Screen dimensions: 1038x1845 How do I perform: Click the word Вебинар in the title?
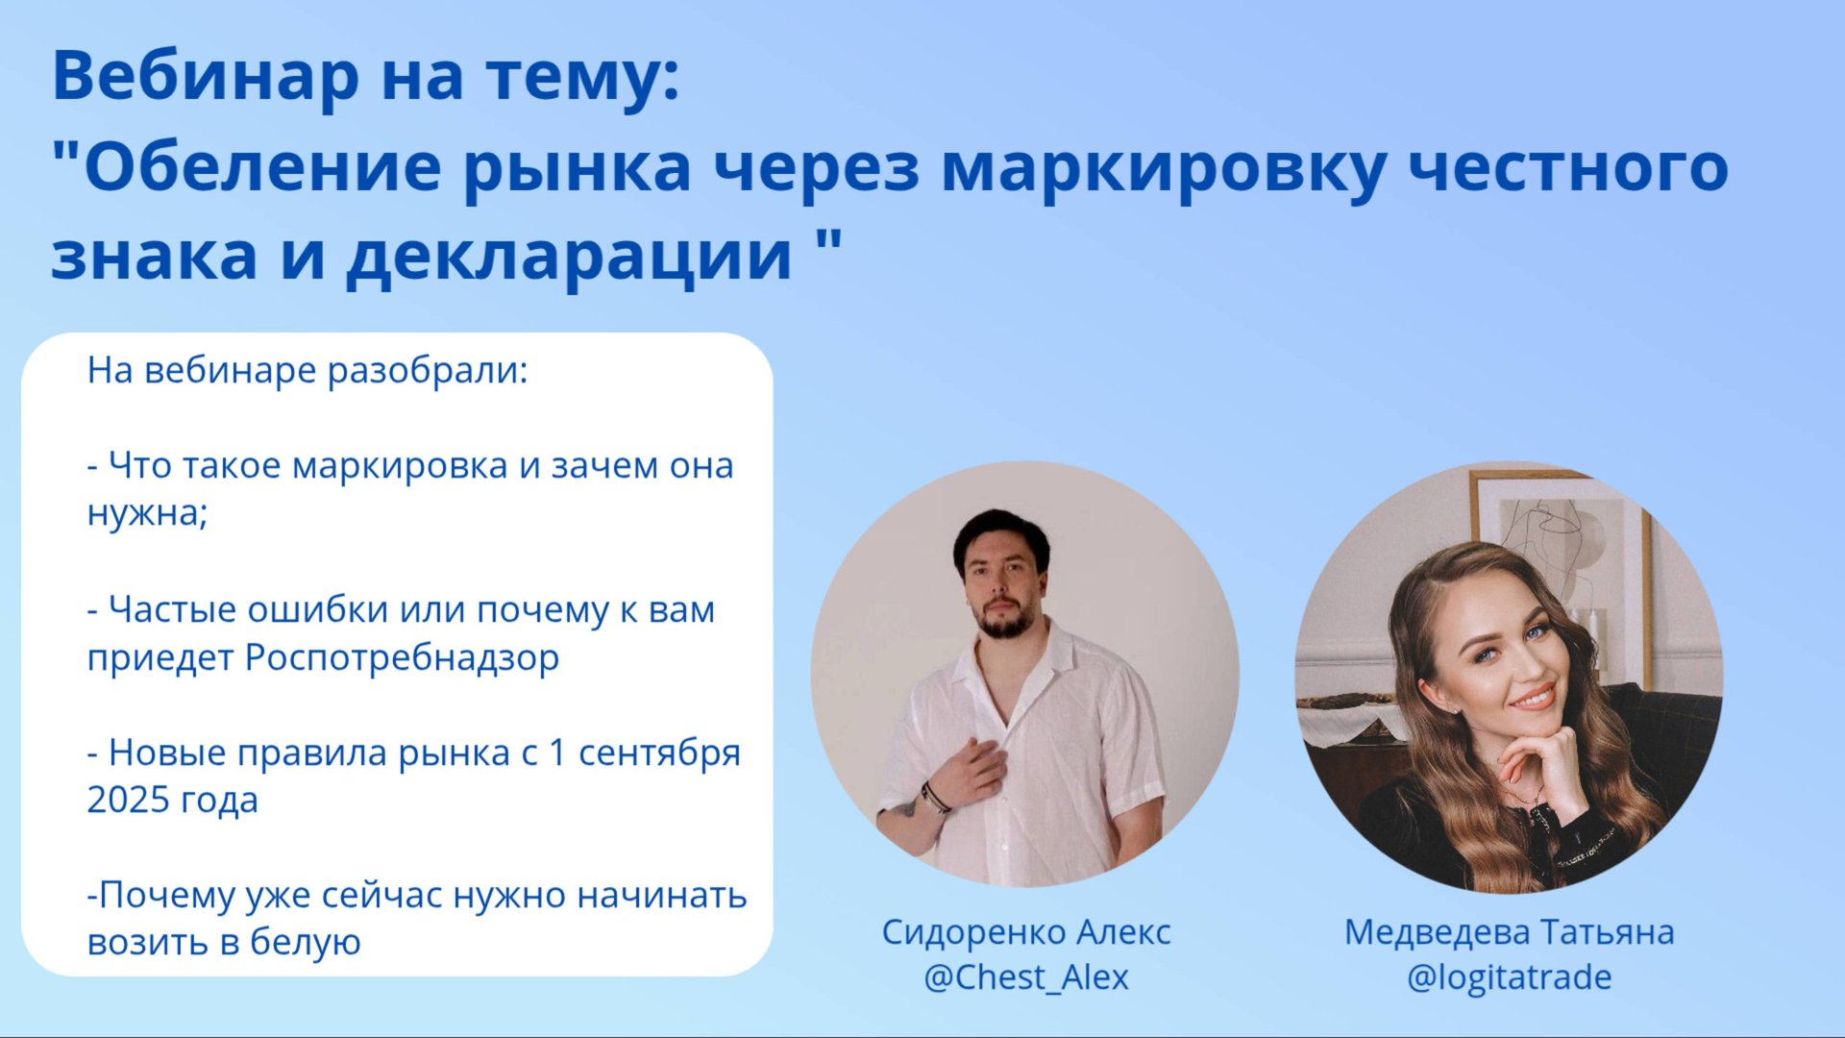pos(205,77)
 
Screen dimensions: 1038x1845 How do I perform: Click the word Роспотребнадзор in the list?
pos(402,658)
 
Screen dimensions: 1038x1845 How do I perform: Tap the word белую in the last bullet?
pos(305,943)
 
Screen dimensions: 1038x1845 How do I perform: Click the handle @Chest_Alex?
pos(1025,977)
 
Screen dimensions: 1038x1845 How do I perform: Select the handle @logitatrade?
pos(1509,977)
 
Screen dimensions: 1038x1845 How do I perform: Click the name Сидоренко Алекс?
pos(1025,932)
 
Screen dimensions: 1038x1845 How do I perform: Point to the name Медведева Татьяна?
pos(1509,932)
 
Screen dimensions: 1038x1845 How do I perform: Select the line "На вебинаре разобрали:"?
pos(307,371)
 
